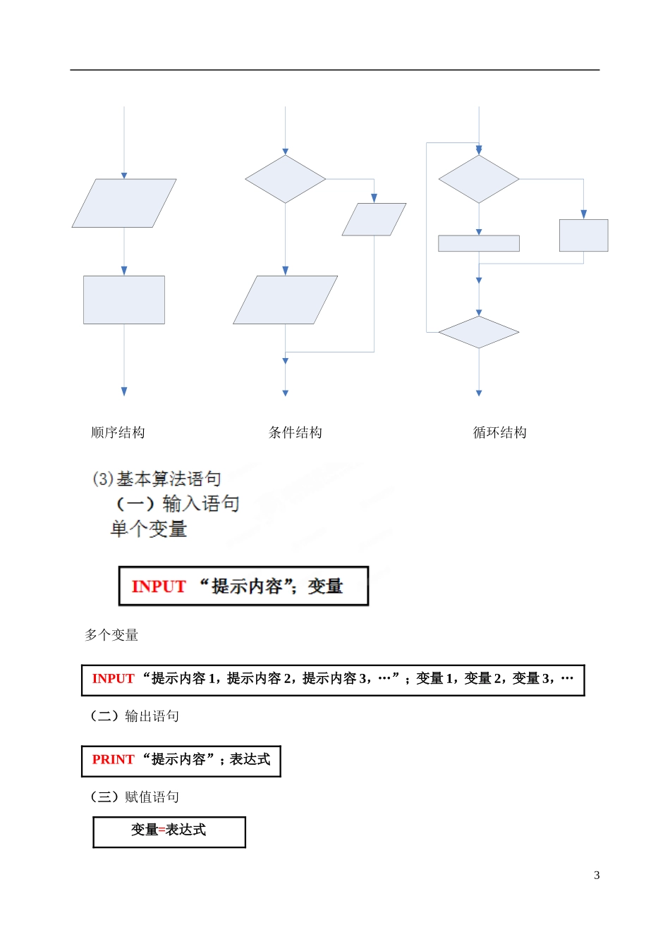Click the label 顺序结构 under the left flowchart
point(118,432)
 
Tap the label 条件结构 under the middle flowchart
point(296,432)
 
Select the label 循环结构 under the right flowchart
point(499,432)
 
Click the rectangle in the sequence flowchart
point(124,300)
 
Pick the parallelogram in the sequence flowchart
point(124,203)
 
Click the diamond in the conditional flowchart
point(285,179)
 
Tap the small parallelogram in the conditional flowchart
point(374,219)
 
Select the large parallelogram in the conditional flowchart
point(285,300)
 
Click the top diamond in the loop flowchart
point(479,179)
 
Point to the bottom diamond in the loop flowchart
point(479,332)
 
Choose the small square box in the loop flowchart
point(583,235)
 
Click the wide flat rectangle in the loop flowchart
point(479,243)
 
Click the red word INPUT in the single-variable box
point(158,586)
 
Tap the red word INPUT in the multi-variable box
point(113,678)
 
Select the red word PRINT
point(113,759)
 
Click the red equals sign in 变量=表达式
point(162,830)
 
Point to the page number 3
point(597,875)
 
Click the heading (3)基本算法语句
point(157,479)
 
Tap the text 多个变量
point(111,634)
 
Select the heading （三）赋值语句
point(135,797)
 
